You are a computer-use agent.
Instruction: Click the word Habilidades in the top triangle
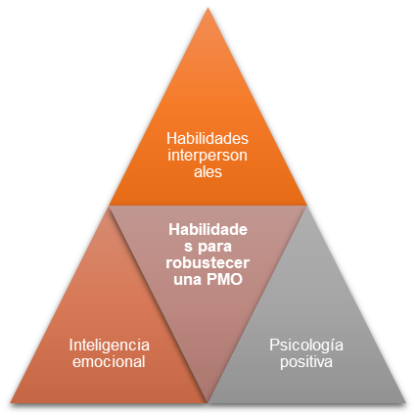(208, 138)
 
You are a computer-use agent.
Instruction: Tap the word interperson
(208, 156)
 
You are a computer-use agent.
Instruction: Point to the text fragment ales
(208, 171)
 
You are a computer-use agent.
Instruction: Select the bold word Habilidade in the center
(208, 230)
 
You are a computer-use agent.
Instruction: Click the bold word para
(214, 247)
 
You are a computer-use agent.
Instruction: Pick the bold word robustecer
(208, 263)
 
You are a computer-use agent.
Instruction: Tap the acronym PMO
(225, 279)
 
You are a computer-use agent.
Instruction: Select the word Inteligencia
(110, 346)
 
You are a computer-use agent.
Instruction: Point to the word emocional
(109, 361)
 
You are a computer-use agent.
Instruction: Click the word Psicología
(306, 346)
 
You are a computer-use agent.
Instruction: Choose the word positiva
(306, 362)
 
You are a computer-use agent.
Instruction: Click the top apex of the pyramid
(208, 8)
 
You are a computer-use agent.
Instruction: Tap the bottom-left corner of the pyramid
(10, 403)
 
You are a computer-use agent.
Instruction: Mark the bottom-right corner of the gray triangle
(405, 403)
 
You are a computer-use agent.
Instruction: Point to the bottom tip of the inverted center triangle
(208, 402)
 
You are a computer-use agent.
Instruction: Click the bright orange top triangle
(208, 130)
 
